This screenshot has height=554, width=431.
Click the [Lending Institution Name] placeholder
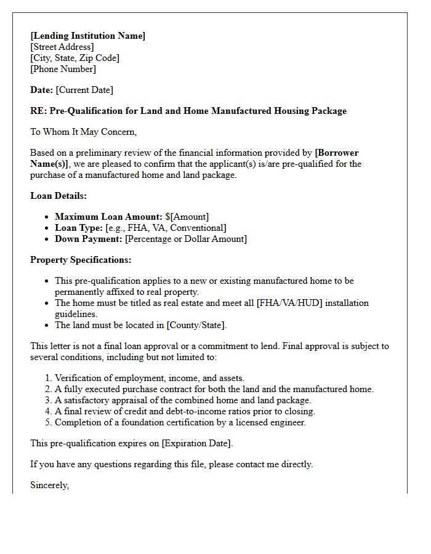[88, 36]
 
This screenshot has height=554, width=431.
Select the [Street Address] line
[62, 47]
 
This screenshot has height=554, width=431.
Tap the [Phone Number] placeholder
[63, 69]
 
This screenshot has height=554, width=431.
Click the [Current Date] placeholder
[84, 90]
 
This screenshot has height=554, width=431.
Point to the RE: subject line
[188, 111]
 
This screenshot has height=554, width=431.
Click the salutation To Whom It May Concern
[83, 132]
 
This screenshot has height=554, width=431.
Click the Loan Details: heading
[58, 196]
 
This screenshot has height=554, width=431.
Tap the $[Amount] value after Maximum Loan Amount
[187, 217]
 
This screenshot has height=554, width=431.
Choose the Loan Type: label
[79, 228]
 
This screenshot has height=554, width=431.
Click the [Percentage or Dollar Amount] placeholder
[186, 239]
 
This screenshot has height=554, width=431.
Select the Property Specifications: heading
[81, 260]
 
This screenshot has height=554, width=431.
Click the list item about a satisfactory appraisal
[183, 400]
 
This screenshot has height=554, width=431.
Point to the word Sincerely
[50, 485]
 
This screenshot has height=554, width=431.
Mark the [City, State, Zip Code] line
[75, 58]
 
